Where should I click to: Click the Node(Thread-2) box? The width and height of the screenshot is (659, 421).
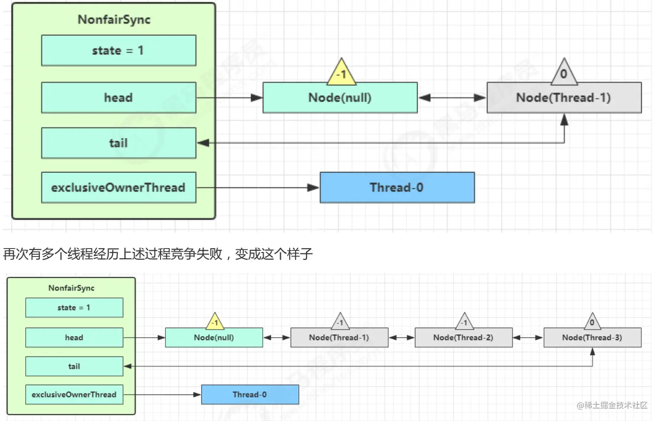463,337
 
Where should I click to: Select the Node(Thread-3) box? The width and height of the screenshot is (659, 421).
592,337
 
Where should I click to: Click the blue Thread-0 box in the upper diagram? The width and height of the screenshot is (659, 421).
397,188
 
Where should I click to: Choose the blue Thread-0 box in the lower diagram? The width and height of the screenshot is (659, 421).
250,394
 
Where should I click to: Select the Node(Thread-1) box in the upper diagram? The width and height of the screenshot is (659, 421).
563,98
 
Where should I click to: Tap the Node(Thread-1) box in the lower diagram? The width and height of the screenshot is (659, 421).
339,337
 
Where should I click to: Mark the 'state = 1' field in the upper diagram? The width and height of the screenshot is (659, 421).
119,50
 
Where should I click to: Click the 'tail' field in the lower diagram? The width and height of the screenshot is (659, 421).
74,366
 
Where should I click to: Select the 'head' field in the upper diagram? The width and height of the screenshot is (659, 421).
119,98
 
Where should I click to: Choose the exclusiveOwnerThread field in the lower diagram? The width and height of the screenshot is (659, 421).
74,394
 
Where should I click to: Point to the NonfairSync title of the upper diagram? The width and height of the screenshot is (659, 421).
114,19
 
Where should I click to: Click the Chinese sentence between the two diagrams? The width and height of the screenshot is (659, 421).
158,254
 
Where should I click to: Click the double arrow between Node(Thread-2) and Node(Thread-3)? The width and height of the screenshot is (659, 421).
528,338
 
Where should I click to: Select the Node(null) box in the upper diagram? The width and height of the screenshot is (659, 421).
340,98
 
